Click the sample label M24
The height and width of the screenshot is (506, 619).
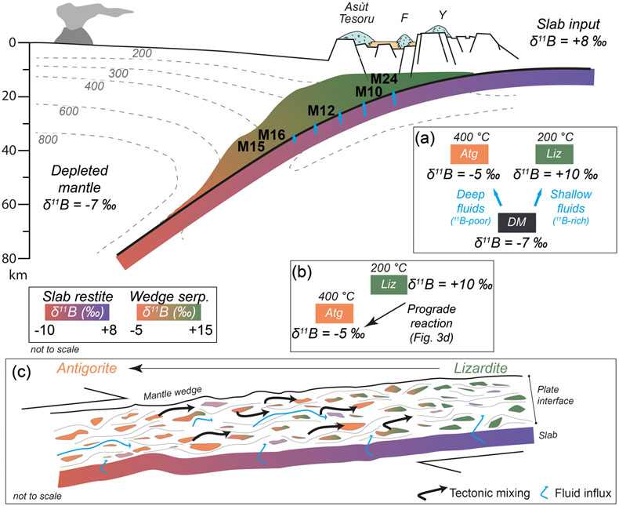click(384, 79)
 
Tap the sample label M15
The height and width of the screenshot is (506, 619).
click(251, 146)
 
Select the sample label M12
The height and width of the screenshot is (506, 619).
click(321, 111)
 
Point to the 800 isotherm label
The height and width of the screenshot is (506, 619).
click(48, 139)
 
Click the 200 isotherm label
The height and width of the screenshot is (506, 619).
click(142, 53)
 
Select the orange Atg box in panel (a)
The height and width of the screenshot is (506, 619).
click(469, 155)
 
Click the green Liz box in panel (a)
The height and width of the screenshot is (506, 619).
click(554, 155)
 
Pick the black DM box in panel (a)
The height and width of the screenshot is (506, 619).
click(517, 223)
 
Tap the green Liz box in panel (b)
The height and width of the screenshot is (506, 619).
click(389, 285)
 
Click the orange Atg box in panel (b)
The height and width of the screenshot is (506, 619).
click(335, 314)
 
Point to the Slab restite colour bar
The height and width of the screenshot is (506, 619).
click(77, 312)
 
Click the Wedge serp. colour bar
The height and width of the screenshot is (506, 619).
click(169, 312)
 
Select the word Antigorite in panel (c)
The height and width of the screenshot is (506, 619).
click(87, 368)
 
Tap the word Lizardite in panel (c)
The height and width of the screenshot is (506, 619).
click(480, 368)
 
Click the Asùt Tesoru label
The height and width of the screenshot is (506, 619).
click(357, 13)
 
